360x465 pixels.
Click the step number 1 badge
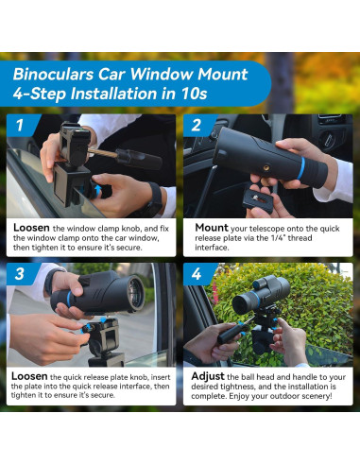(x=21, y=125)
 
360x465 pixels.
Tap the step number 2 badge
(x=197, y=125)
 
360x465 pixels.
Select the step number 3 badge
(x=20, y=273)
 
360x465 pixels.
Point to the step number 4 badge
(x=197, y=273)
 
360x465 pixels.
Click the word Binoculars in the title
(x=53, y=75)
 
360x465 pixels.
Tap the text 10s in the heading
(x=194, y=94)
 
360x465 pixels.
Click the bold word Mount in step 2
(x=212, y=228)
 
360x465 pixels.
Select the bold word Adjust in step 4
(x=208, y=376)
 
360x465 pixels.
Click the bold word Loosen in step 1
(x=31, y=228)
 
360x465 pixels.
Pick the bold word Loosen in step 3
(x=29, y=376)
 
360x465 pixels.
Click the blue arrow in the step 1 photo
(x=98, y=190)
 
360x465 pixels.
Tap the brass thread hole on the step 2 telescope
(x=266, y=168)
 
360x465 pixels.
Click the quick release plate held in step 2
(x=259, y=201)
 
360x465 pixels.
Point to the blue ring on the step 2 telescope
(x=301, y=168)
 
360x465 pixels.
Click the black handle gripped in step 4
(x=231, y=333)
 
